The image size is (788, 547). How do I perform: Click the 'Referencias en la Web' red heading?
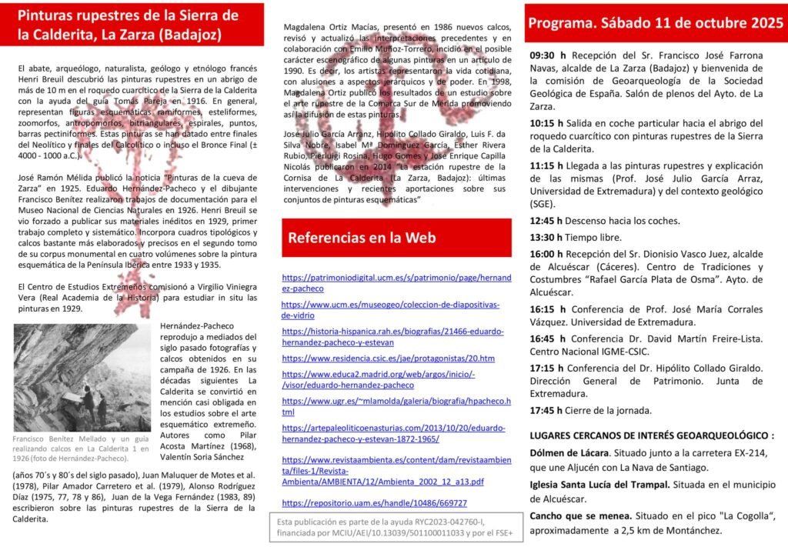click(362, 238)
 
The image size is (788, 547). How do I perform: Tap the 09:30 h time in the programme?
click(548, 55)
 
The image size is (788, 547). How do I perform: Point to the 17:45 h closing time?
click(548, 410)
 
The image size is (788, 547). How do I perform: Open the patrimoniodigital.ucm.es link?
click(396, 282)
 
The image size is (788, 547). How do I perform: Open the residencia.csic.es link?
click(388, 359)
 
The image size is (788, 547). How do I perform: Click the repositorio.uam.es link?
click(374, 503)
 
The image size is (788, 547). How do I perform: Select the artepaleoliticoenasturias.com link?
click(393, 433)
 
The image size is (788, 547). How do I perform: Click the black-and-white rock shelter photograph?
click(82, 377)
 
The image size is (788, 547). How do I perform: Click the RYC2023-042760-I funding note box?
click(389, 527)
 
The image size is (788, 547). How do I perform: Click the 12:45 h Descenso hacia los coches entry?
click(604, 221)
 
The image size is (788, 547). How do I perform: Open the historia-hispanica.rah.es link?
click(392, 336)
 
